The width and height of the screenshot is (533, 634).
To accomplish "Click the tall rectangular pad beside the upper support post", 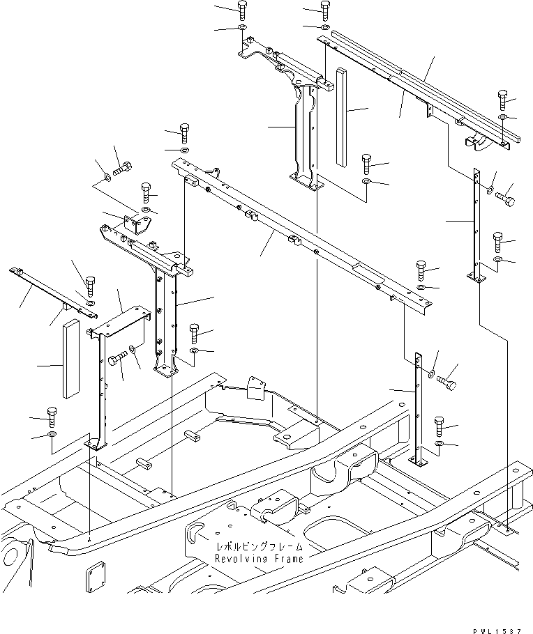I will (x=340, y=117).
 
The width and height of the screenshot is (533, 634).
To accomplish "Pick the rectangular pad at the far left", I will (x=70, y=358).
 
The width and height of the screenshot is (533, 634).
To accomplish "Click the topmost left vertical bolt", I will (x=242, y=10).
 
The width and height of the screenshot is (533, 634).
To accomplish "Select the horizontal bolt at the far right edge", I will (x=507, y=201).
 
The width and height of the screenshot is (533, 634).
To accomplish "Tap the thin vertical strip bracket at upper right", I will (x=477, y=223).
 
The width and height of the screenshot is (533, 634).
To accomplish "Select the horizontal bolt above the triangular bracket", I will (x=123, y=168).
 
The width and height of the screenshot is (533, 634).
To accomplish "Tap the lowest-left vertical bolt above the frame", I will (x=52, y=417).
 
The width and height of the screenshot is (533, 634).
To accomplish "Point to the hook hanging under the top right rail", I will (x=477, y=143).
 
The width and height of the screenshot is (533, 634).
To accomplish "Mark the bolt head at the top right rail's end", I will (x=502, y=98).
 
